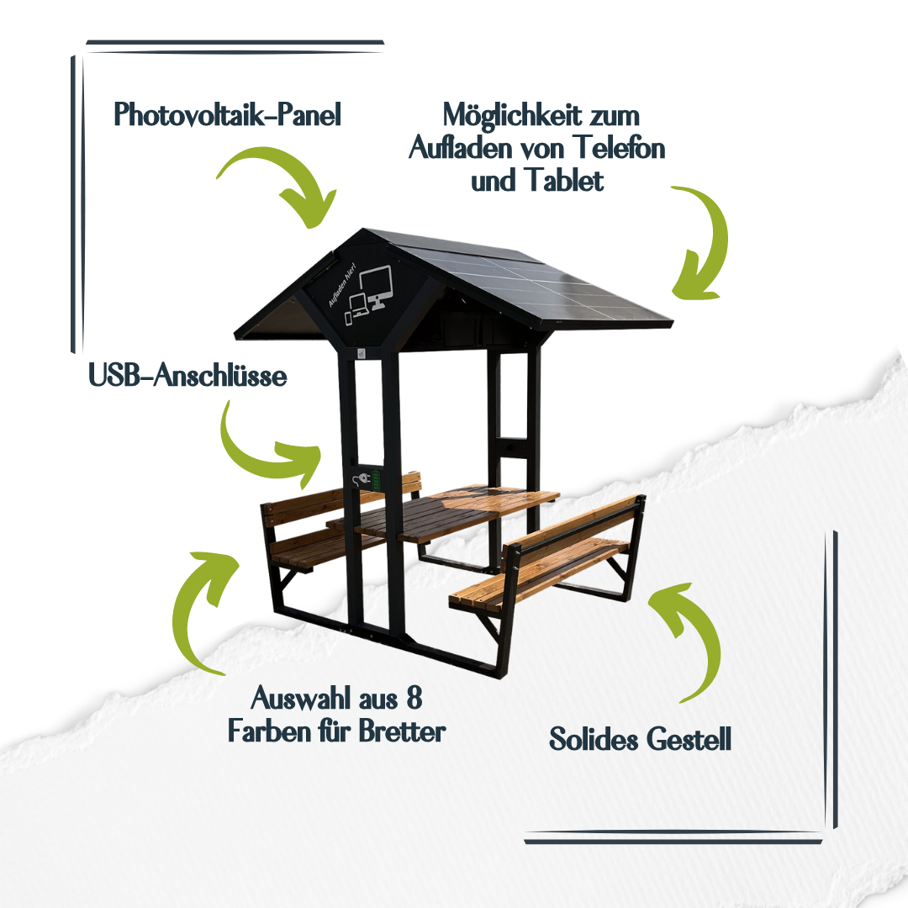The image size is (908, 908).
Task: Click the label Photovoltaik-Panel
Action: coord(227,114)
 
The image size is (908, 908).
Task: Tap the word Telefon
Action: coord(620,147)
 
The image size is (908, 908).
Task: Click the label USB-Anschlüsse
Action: coord(187,375)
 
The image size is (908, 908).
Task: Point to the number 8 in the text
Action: coord(414,697)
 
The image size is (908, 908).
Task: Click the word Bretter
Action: coord(402,731)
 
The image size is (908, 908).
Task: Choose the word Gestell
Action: coord(689,739)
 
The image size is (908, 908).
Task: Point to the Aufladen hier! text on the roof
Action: coord(341,286)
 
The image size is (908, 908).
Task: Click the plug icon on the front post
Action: coord(362,479)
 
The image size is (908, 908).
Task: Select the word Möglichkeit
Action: coord(512,114)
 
